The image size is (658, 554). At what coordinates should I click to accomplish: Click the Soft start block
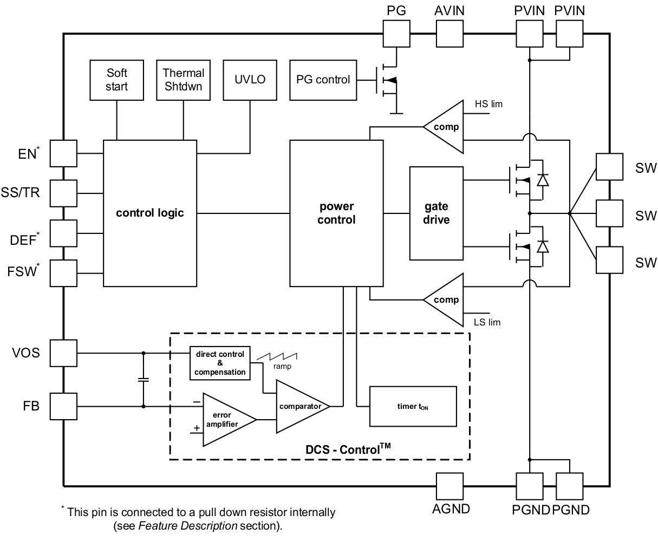point(116,80)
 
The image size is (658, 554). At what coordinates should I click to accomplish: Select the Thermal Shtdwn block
point(184,80)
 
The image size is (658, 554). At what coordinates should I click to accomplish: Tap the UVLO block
point(250,80)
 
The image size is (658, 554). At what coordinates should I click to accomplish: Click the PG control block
point(323,80)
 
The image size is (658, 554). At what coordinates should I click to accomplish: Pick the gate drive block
point(436,213)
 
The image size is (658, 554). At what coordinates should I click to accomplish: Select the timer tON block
point(412,406)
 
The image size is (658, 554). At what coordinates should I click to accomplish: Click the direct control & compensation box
point(220,363)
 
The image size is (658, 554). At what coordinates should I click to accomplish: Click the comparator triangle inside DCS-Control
point(299,406)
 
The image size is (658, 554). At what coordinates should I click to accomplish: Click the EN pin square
point(64,153)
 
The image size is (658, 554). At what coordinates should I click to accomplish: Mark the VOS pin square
point(64,353)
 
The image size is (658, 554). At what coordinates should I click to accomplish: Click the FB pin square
point(64,406)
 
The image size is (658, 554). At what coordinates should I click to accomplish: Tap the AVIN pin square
point(449,34)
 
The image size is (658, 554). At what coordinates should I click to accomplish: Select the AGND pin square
point(449,486)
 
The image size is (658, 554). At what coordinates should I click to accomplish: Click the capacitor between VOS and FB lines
point(144,380)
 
